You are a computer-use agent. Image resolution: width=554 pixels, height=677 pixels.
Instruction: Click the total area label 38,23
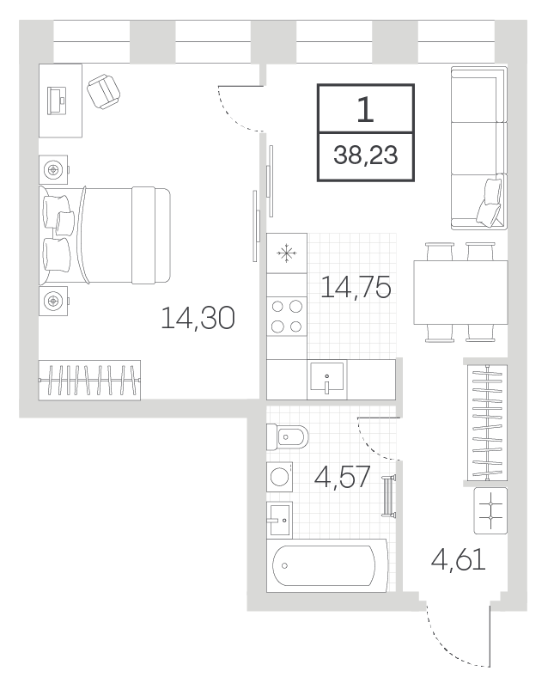point(365,155)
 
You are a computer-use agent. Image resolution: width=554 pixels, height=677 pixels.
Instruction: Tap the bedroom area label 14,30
point(198,318)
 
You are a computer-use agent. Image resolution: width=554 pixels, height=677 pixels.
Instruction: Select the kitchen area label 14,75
point(356,287)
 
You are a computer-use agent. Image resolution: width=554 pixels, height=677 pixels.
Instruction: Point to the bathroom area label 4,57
point(342,477)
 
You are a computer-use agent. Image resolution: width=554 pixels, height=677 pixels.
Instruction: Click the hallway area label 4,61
point(459,560)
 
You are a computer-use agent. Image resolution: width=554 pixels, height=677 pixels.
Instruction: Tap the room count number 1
point(365,109)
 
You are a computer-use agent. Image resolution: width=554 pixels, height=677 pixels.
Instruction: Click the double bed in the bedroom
point(105,235)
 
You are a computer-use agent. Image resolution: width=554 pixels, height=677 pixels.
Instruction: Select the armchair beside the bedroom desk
point(103,92)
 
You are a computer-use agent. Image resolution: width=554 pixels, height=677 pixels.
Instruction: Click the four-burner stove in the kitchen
point(287,316)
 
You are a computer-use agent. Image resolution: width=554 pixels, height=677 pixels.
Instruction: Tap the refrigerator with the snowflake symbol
point(287,253)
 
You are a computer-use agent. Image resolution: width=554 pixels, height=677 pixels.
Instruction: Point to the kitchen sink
point(327,379)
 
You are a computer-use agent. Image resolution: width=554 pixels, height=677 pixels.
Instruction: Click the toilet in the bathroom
point(288,436)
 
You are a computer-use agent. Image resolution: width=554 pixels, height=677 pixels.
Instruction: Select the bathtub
point(327,565)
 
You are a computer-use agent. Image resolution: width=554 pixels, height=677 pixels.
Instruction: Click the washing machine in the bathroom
point(280,477)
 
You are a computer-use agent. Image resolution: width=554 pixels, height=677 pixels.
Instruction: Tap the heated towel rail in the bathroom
point(388,495)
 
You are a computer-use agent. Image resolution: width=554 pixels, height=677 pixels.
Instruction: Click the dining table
point(460,292)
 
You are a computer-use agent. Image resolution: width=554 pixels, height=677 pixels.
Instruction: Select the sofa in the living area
point(479,148)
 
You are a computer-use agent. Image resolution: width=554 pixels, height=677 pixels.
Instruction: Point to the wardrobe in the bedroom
point(89,380)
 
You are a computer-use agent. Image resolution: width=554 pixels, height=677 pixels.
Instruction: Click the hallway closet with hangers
point(488,422)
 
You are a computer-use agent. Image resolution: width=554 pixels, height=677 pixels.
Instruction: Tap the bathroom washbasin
point(279,520)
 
